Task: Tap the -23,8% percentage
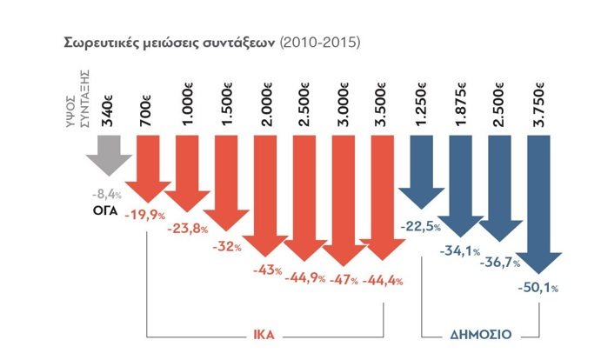point(190,230)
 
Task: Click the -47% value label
point(339,279)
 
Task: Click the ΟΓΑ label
point(108,210)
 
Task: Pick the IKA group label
point(265,333)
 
